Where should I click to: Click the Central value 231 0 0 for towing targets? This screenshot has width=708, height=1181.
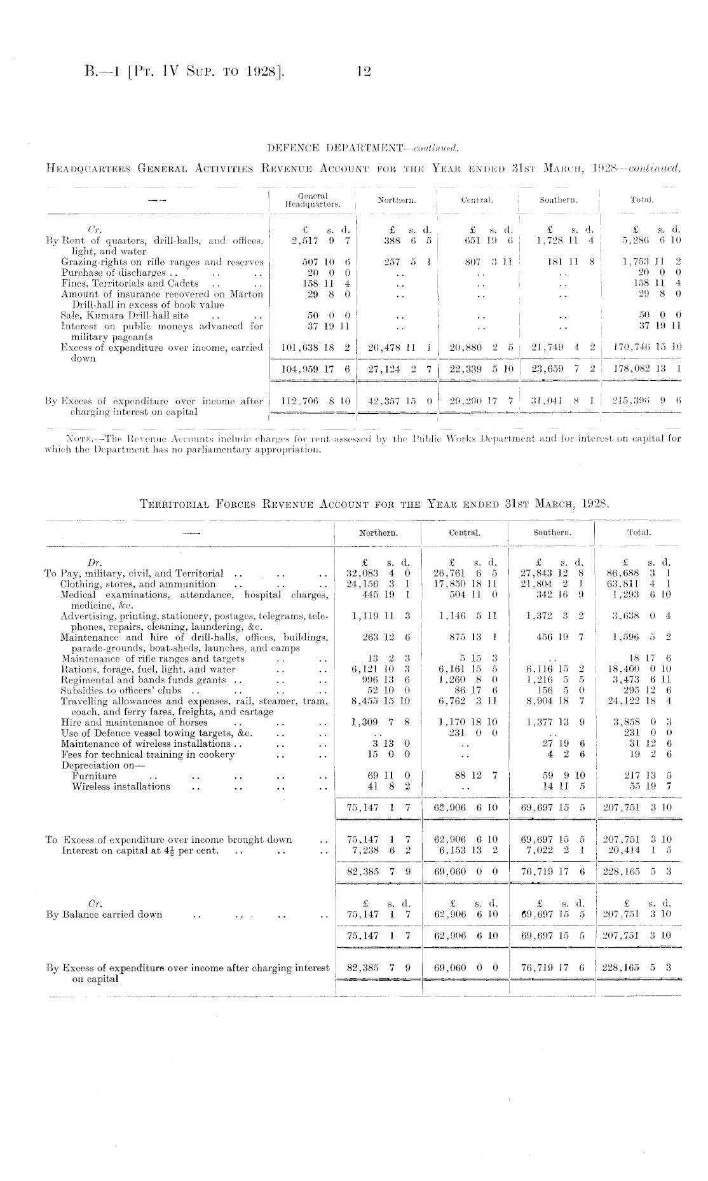tap(463, 733)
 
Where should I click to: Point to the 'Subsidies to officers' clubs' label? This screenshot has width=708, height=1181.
tap(121, 690)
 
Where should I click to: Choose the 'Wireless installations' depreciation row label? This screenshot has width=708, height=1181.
tap(121, 786)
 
